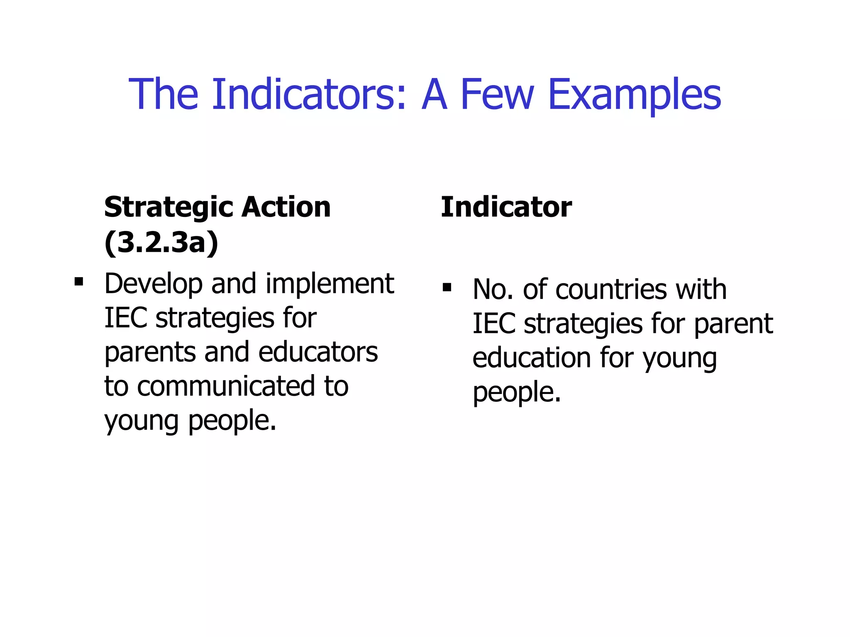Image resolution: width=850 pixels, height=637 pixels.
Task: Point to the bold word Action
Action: pos(286,207)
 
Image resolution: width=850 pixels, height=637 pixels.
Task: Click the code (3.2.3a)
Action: pos(161,243)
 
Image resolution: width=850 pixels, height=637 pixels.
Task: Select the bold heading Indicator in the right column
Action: pos(506,207)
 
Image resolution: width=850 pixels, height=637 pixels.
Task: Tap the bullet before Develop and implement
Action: pos(78,282)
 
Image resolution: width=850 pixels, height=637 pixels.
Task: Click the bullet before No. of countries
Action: pos(447,287)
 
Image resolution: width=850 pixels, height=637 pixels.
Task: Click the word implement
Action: pos(330,284)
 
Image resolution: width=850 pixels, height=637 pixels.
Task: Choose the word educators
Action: pos(318,352)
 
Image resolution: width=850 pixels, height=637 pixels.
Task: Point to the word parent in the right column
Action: pos(733,324)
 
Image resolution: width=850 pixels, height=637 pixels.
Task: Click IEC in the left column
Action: pos(126,318)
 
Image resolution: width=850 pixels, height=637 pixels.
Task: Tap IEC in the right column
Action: pos(494,324)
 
